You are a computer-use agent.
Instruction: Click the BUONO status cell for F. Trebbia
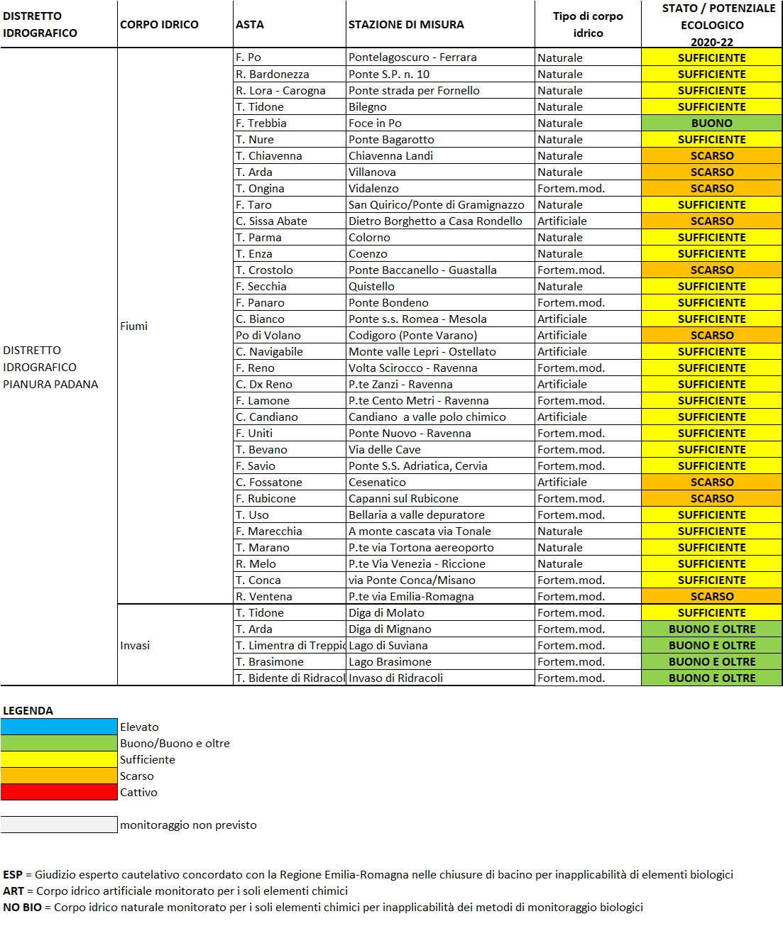711,123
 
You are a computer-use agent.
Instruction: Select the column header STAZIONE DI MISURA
406,25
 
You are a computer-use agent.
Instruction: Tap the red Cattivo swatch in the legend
59,793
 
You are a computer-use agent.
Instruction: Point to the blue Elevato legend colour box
59,727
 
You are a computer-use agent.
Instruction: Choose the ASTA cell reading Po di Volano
268,336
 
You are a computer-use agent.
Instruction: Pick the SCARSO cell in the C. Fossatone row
711,483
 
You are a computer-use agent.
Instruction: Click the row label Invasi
135,646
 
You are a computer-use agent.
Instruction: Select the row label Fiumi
134,326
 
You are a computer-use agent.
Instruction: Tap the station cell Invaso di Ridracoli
395,678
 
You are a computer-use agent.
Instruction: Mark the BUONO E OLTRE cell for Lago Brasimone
711,662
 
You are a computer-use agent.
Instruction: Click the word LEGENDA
28,711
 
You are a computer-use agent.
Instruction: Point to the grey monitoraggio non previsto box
59,825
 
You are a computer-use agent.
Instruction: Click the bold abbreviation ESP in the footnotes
13,875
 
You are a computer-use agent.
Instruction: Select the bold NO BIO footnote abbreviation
22,908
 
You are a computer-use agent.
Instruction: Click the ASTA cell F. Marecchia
269,531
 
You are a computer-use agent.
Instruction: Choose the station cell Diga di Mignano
390,629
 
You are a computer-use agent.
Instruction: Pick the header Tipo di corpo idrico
588,25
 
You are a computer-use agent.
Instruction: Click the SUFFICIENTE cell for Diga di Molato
711,613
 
